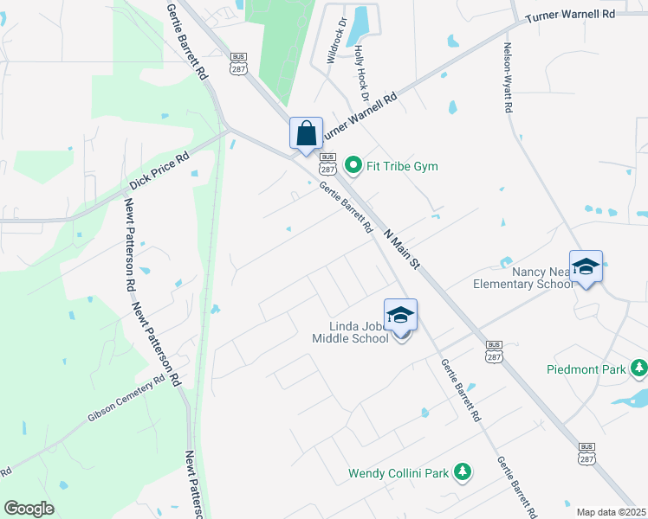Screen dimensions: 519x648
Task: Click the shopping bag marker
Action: tap(306, 134)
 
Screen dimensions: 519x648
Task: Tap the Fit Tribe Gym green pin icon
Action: tap(353, 164)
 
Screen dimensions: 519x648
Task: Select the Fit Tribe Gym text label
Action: tap(401, 166)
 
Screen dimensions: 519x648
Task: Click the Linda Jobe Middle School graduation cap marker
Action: tap(400, 316)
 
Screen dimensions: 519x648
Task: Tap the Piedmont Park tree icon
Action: tap(638, 368)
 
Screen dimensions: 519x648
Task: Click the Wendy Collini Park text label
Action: tap(399, 473)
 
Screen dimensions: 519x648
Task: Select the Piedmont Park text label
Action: tap(586, 369)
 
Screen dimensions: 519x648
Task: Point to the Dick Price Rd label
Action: tap(159, 172)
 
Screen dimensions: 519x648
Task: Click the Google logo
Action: tap(29, 509)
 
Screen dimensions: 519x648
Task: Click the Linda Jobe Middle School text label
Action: tap(350, 333)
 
